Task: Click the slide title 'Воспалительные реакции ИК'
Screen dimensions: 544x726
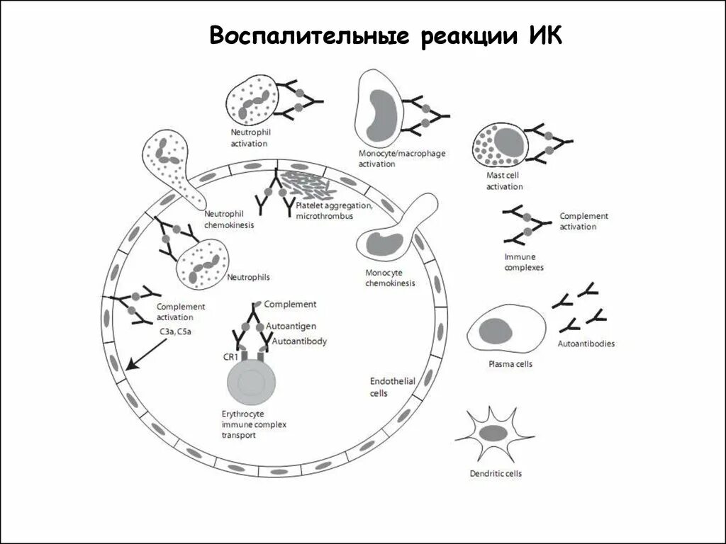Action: [386, 36]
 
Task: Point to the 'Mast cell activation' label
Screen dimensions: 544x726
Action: [504, 182]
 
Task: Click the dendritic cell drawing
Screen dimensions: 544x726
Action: [494, 433]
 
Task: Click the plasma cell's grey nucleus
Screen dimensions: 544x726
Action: [496, 331]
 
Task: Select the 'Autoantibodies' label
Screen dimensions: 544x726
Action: [586, 344]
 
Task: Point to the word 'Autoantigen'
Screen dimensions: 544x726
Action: [291, 324]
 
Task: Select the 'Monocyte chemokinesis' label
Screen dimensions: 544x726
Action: [390, 278]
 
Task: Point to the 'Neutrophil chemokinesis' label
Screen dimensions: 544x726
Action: [228, 220]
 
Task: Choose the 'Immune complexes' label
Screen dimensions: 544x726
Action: [524, 263]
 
